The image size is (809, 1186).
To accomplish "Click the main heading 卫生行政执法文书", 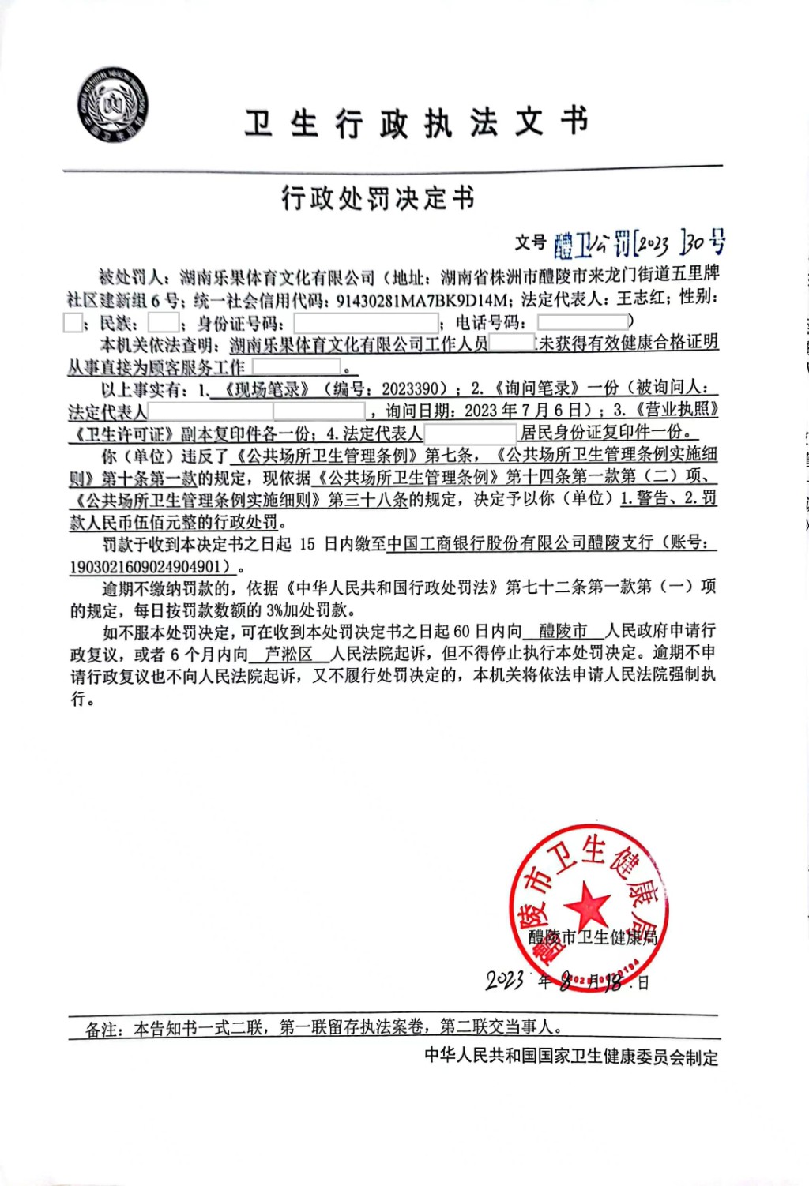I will [416, 123].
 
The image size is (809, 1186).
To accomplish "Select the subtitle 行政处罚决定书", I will [378, 198].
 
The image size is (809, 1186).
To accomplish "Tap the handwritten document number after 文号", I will [638, 244].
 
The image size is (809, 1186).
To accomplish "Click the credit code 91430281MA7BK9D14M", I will [422, 300].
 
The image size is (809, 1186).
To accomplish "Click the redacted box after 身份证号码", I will [366, 322].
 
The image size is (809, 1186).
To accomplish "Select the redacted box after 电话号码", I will [582, 321].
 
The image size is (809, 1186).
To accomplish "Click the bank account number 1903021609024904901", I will [149, 566].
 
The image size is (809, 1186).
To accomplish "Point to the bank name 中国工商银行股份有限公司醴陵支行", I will [521, 542].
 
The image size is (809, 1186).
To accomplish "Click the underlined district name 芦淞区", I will [288, 654].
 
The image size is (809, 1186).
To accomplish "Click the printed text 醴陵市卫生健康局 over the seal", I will [593, 937].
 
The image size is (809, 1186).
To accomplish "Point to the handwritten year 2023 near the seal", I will [505, 981].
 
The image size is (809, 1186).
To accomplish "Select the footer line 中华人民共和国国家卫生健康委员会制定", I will [571, 1057].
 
